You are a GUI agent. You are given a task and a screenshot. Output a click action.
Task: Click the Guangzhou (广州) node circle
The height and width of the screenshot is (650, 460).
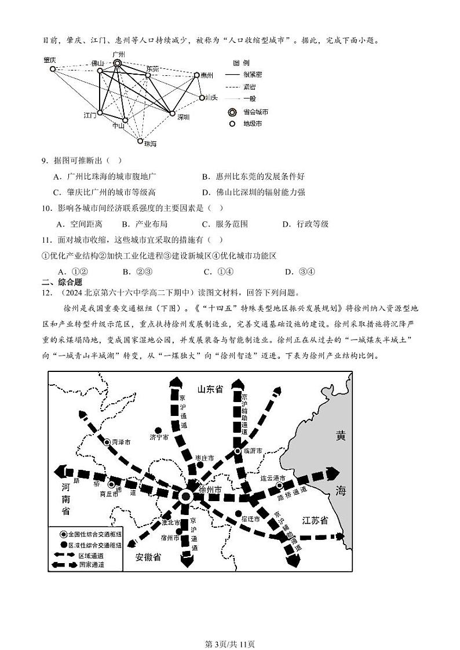(x=118, y=63)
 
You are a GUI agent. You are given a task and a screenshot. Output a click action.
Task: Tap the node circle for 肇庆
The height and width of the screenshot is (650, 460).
(x=52, y=69)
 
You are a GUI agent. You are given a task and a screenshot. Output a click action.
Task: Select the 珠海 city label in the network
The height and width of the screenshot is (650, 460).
(x=149, y=143)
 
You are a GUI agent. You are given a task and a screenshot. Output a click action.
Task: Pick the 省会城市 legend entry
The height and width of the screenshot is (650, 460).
(x=255, y=112)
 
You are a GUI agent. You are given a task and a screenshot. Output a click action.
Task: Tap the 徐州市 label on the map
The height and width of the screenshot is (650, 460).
(x=210, y=490)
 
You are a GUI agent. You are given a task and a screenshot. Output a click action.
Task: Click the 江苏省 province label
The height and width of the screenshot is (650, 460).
(x=315, y=520)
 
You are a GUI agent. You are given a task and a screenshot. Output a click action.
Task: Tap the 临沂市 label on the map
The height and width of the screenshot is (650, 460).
(x=252, y=451)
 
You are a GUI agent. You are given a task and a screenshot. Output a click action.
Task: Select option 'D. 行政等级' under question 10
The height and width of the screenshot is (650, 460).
(x=305, y=224)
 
